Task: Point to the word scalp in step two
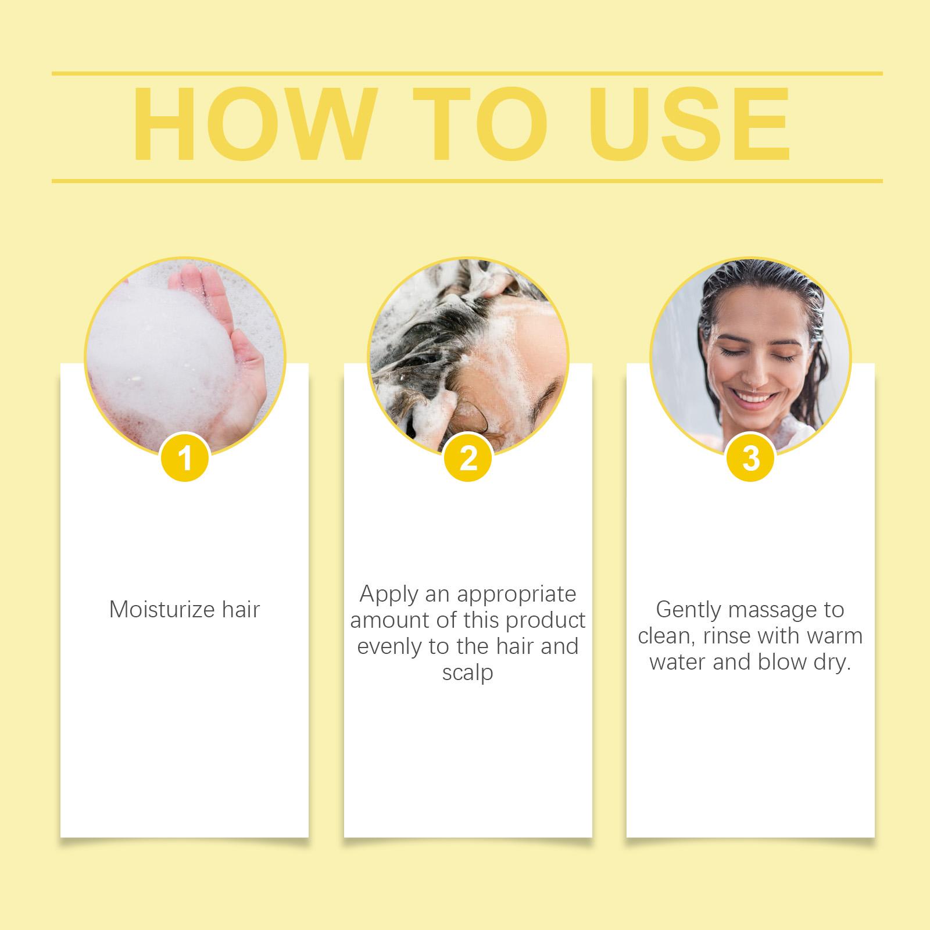[467, 673]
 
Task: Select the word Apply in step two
[389, 595]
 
